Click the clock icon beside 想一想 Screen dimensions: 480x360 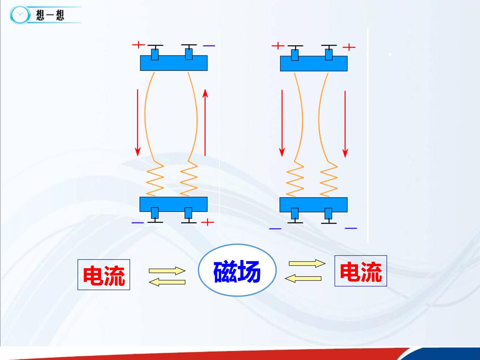(x=20, y=15)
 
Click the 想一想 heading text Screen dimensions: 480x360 (x=50, y=15)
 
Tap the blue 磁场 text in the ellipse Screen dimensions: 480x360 (x=237, y=271)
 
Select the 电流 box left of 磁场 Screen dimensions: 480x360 (x=104, y=275)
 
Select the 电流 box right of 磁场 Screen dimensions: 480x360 (x=361, y=271)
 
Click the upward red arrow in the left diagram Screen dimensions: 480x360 (x=205, y=122)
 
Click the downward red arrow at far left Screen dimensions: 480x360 (x=138, y=122)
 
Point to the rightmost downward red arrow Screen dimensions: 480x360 (x=345, y=124)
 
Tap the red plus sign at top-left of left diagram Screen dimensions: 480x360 (x=138, y=45)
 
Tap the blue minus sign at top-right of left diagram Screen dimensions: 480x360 (x=209, y=46)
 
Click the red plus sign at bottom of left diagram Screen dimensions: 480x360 (x=207, y=222)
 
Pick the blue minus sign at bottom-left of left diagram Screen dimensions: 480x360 (x=138, y=223)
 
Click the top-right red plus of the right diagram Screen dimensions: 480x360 (x=349, y=47)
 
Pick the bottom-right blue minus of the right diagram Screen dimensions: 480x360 (x=351, y=228)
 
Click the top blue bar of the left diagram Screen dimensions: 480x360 (x=174, y=63)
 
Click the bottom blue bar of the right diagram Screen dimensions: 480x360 (x=314, y=205)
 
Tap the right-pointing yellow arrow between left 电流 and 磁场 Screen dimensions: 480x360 (x=167, y=271)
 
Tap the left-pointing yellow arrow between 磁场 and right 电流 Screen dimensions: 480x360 (x=303, y=278)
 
